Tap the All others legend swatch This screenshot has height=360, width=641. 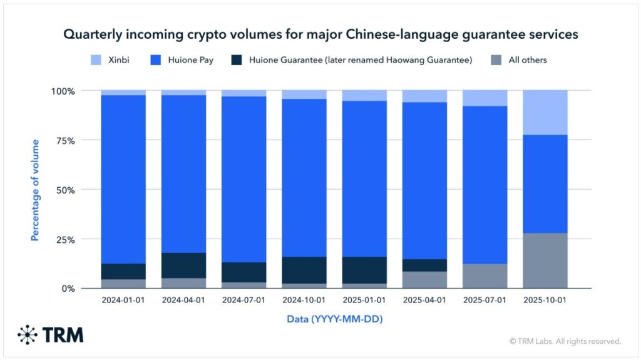(x=496, y=60)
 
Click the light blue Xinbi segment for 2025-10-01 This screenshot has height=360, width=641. (x=545, y=113)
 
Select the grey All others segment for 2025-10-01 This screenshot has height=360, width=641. (x=545, y=260)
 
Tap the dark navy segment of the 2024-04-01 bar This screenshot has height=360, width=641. (x=184, y=265)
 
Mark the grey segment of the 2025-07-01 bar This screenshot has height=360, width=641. (x=485, y=276)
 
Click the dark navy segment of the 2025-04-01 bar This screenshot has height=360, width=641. (x=424, y=265)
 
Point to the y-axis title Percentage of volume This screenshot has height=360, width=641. (x=35, y=190)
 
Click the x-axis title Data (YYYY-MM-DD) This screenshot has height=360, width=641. (x=334, y=319)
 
